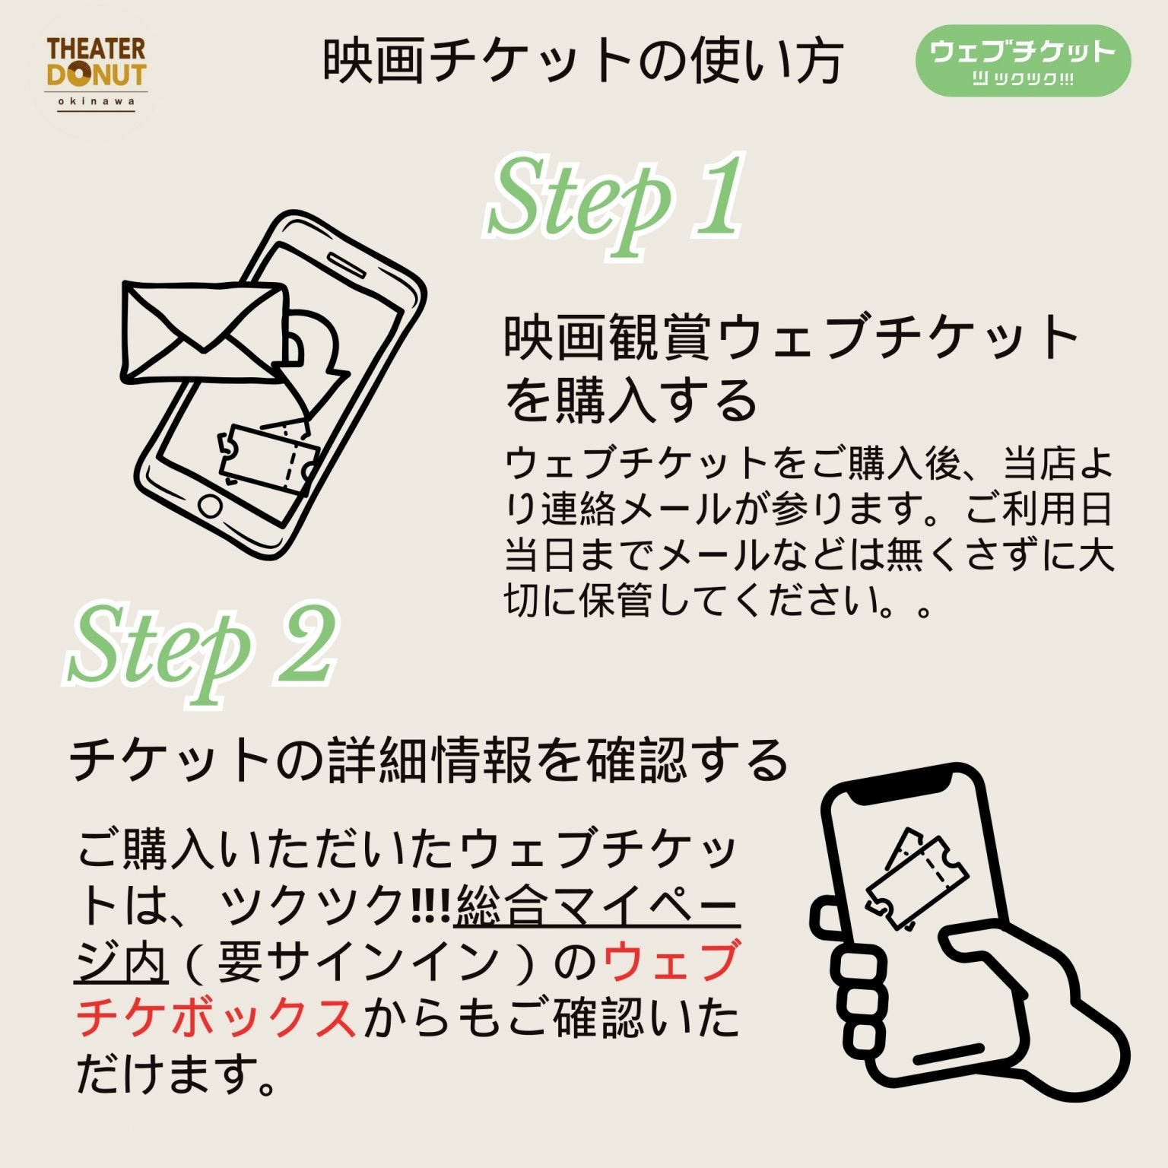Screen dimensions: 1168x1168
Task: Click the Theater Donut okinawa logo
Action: click(x=96, y=75)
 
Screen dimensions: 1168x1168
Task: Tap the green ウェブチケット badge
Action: click(x=1023, y=61)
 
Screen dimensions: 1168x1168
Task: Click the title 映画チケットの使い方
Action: click(x=584, y=61)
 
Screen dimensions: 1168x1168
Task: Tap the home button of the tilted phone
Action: click(x=210, y=506)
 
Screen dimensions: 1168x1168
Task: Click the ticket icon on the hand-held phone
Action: click(x=917, y=878)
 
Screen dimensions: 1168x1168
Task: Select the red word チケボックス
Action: click(x=216, y=1017)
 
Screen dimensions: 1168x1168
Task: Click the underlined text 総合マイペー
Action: click(x=598, y=905)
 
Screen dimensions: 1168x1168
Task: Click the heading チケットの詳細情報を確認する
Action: click(x=429, y=760)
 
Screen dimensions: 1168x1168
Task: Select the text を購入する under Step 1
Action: click(x=631, y=400)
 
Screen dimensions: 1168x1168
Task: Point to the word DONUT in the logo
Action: click(x=96, y=75)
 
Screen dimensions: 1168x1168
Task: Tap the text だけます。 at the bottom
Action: click(x=176, y=1074)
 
